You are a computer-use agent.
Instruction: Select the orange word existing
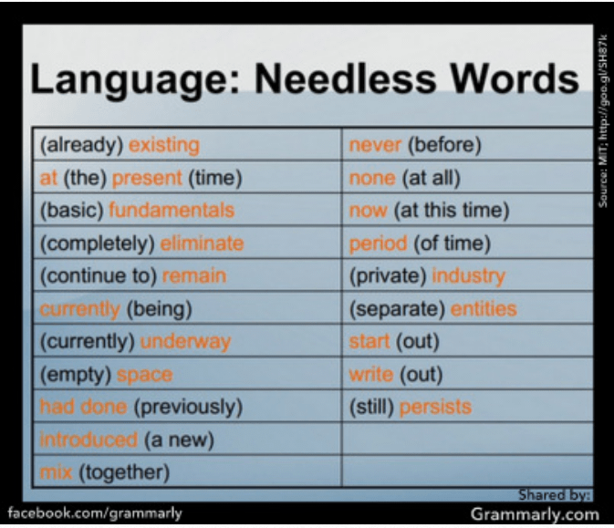pos(163,145)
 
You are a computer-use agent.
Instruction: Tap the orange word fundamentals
pos(172,210)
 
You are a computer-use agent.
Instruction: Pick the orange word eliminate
pos(202,243)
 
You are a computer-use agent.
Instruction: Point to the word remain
pos(194,275)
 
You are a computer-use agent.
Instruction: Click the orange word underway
pos(185,342)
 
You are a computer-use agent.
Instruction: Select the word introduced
pos(88,440)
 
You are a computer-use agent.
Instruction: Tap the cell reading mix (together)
pos(105,472)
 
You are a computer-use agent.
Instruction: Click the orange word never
pos(376,145)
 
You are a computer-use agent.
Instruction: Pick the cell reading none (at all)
pos(405,178)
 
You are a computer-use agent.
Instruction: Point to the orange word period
pos(379,243)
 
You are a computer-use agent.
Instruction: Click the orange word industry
pos(468,275)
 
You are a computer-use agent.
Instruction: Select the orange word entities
pos(484,309)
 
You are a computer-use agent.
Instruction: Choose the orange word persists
pos(435,407)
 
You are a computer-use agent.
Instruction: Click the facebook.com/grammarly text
pos(95,512)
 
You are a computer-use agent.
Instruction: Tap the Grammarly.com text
pos(532,513)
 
